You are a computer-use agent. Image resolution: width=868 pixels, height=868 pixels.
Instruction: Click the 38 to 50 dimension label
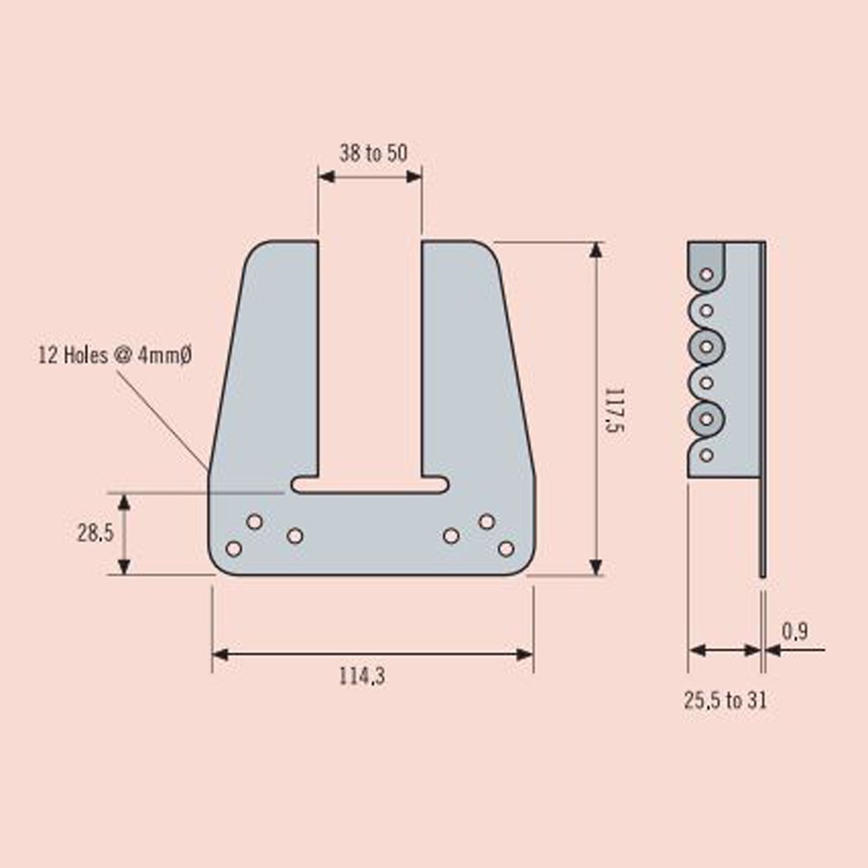pos(372,154)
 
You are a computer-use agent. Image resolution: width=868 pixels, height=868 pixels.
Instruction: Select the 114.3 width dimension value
pos(362,677)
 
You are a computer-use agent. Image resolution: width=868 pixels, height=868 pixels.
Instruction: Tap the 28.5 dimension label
pos(95,533)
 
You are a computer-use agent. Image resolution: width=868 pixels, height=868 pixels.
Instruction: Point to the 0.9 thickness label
pos(794,632)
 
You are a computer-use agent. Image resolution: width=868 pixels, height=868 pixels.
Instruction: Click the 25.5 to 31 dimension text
pos(725,700)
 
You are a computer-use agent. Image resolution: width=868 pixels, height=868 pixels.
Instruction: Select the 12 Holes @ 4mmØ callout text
pos(114,355)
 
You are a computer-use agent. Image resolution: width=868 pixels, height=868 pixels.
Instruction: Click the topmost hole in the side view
pos(707,274)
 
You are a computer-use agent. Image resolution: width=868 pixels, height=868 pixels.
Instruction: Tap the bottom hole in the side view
pos(707,454)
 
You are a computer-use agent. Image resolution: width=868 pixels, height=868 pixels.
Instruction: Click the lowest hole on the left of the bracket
pos(233,549)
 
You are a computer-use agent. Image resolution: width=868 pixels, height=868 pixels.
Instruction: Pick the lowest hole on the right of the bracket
pos(506,549)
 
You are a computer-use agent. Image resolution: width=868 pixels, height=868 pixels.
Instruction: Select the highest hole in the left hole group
pos(254,521)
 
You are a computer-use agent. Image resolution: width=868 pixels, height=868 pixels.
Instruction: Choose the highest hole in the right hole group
pos(487,521)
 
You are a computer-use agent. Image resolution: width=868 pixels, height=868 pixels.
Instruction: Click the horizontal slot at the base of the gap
pos(370,484)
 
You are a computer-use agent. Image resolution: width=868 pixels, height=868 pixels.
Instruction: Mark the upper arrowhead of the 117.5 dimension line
pos(595,249)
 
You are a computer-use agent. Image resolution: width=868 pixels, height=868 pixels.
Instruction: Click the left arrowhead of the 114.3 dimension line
pos(220,654)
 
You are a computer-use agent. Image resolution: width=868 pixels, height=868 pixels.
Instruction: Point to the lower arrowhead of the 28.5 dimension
pos(124,566)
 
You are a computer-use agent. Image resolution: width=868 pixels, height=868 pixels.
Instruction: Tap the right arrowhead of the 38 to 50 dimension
pos(415,176)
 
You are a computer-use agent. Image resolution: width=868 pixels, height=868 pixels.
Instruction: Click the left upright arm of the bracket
pos(273,365)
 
